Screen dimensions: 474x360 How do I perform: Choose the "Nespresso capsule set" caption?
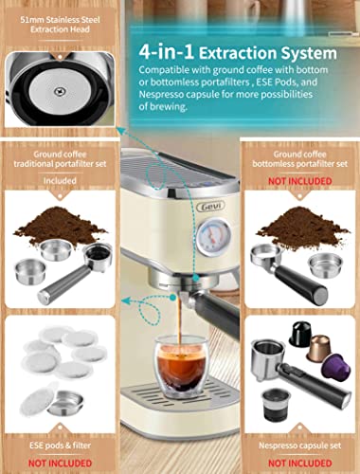click(299, 444)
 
